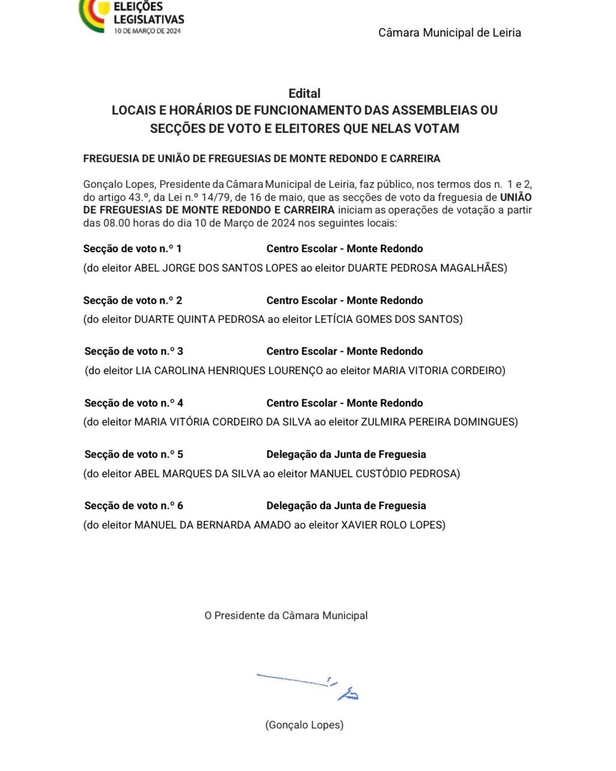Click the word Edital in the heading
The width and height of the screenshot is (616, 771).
(304, 93)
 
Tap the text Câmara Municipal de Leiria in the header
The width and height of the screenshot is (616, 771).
(449, 32)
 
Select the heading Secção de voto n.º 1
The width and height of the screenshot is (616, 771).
(132, 249)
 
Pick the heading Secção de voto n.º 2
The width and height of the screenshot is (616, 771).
(132, 300)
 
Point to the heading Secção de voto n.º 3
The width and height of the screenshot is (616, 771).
(133, 351)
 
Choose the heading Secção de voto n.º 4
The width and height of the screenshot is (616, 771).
(133, 403)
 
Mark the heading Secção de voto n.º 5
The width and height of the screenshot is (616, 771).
(133, 455)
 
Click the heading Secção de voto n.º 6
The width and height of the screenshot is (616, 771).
(133, 506)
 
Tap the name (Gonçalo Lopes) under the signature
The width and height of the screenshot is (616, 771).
(304, 725)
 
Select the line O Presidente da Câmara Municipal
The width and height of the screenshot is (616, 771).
(286, 615)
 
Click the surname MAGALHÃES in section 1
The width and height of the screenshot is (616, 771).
(474, 268)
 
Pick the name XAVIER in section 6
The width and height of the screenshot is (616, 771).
(359, 525)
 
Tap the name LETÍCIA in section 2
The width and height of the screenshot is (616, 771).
(334, 319)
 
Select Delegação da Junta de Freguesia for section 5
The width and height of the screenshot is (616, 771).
(346, 455)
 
